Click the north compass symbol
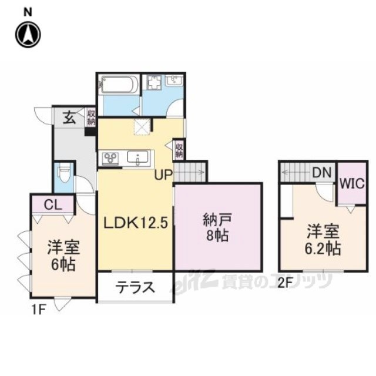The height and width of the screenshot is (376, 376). tap(28, 34)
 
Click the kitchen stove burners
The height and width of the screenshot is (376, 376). tap(110, 159)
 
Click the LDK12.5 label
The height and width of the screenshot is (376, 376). tap(135, 223)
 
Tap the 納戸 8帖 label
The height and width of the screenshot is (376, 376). tap(217, 227)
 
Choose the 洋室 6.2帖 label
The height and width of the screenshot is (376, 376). tap(323, 240)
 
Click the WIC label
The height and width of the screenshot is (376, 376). tap(352, 184)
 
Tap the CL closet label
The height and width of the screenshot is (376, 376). tap(53, 204)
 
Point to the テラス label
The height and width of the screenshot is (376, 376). tap(135, 287)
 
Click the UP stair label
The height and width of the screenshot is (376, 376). tap(163, 175)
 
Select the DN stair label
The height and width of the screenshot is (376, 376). tap(322, 172)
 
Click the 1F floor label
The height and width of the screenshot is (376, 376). tap(39, 310)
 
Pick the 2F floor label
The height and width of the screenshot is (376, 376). tap(285, 283)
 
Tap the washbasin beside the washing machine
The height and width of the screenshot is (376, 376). tap(174, 80)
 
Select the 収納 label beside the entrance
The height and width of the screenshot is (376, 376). tap(91, 117)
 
